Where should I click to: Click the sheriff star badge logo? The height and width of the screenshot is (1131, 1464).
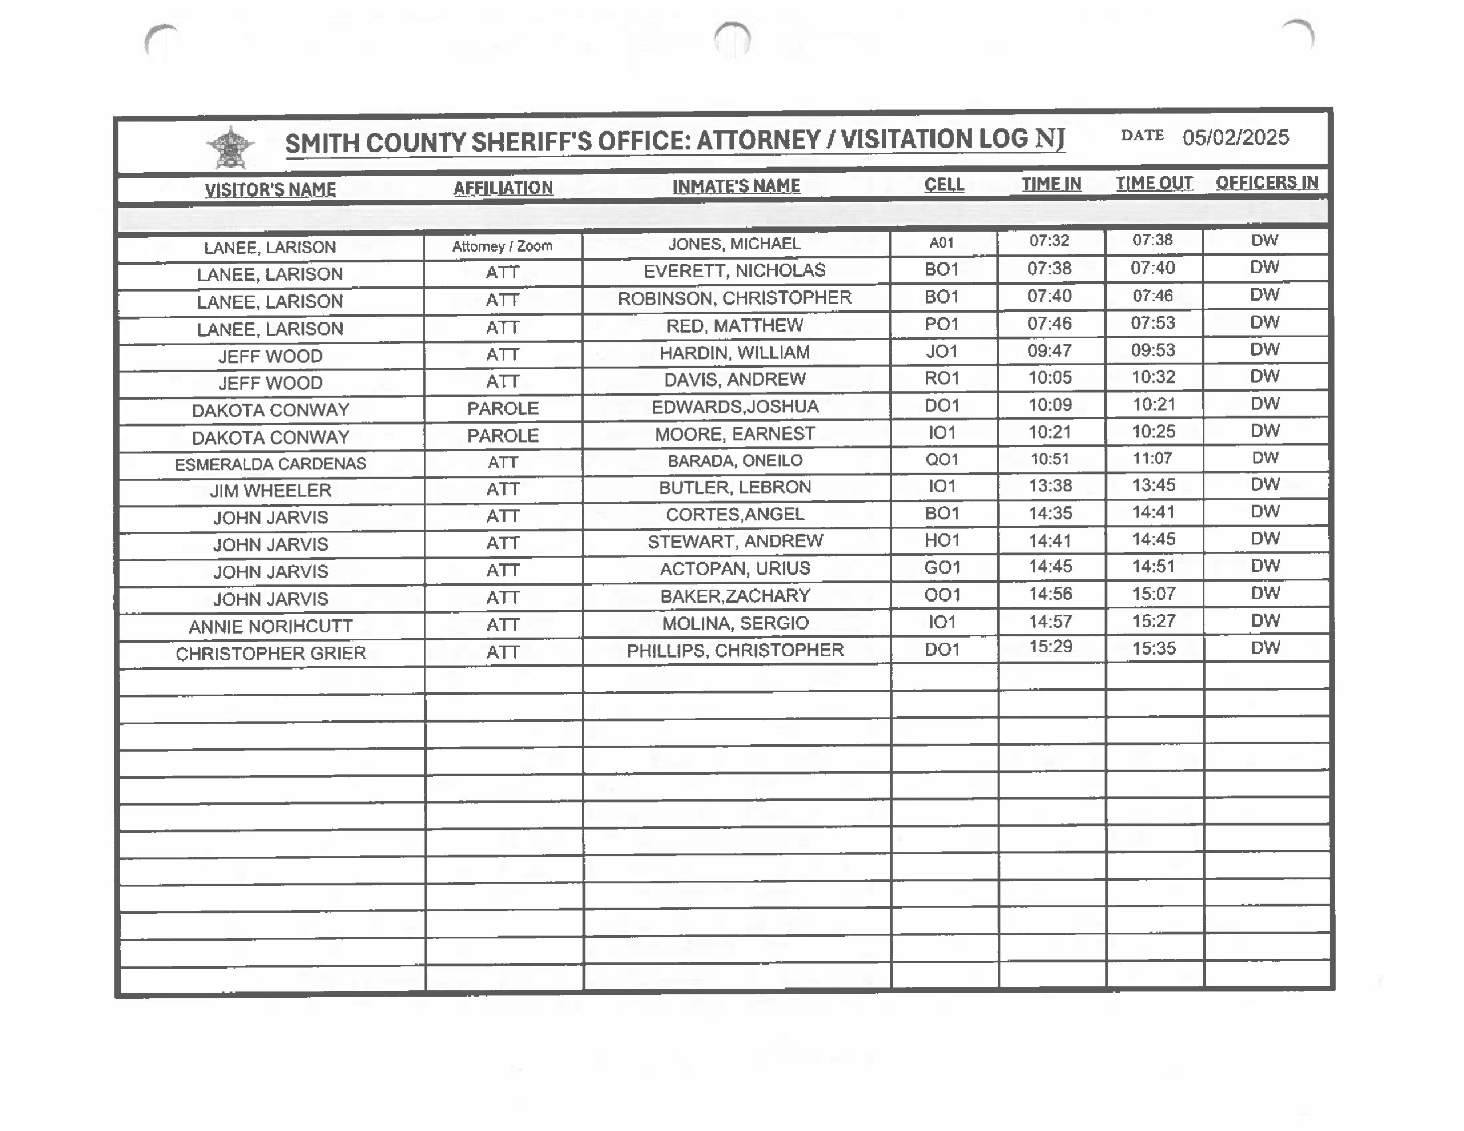(230, 148)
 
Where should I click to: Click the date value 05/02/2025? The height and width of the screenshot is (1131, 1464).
(1235, 137)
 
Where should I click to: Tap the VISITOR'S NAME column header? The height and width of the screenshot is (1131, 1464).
(270, 190)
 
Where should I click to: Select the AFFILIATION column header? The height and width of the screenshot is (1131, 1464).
(503, 188)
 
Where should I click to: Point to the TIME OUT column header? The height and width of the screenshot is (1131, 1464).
(1153, 184)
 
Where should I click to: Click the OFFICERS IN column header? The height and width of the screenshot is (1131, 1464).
(1266, 182)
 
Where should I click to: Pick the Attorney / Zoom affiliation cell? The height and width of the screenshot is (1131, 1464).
(502, 246)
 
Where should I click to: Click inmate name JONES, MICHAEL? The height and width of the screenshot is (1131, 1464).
(734, 244)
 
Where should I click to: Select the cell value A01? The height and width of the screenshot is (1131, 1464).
(941, 242)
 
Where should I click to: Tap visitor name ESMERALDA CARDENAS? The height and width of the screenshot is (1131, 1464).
(270, 464)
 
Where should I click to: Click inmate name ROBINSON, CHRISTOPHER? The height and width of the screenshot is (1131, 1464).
(734, 298)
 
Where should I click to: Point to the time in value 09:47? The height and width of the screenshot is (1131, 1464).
(1050, 351)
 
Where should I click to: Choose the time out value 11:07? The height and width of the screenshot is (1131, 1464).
(1153, 459)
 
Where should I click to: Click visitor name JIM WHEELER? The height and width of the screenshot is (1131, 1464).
(270, 491)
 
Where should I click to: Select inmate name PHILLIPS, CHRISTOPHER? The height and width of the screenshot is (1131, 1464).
(735, 650)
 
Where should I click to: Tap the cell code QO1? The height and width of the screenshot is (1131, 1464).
(941, 460)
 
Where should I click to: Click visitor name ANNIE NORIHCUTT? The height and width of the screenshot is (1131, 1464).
(270, 626)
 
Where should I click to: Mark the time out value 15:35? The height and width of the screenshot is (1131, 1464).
(1153, 648)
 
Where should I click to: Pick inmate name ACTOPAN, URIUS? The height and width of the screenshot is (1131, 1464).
(735, 568)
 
